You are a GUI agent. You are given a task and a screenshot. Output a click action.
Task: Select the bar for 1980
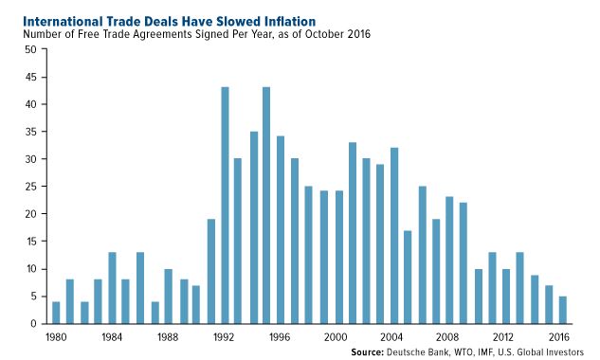(56, 313)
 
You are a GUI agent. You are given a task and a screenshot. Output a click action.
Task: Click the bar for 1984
(113, 288)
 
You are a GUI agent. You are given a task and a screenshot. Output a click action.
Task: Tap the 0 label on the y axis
(34, 324)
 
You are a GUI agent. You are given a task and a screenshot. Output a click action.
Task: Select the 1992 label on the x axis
(226, 335)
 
